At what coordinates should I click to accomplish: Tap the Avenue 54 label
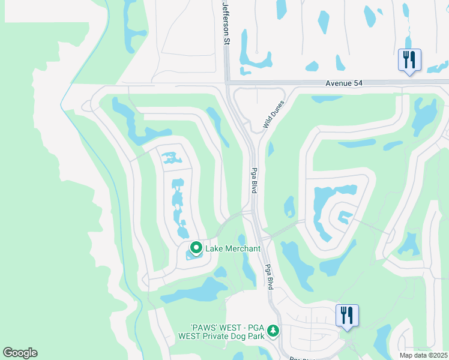[346, 84]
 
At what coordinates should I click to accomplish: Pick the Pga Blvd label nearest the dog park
[269, 278]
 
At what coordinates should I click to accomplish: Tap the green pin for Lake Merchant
[196, 248]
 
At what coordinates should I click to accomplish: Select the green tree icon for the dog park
[273, 330]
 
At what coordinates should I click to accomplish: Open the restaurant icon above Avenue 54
[409, 60]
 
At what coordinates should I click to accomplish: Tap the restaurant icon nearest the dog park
[346, 315]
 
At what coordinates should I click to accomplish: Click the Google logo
[20, 352]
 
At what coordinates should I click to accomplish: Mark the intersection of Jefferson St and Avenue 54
[228, 83]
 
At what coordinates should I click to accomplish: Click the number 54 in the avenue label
[359, 84]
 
